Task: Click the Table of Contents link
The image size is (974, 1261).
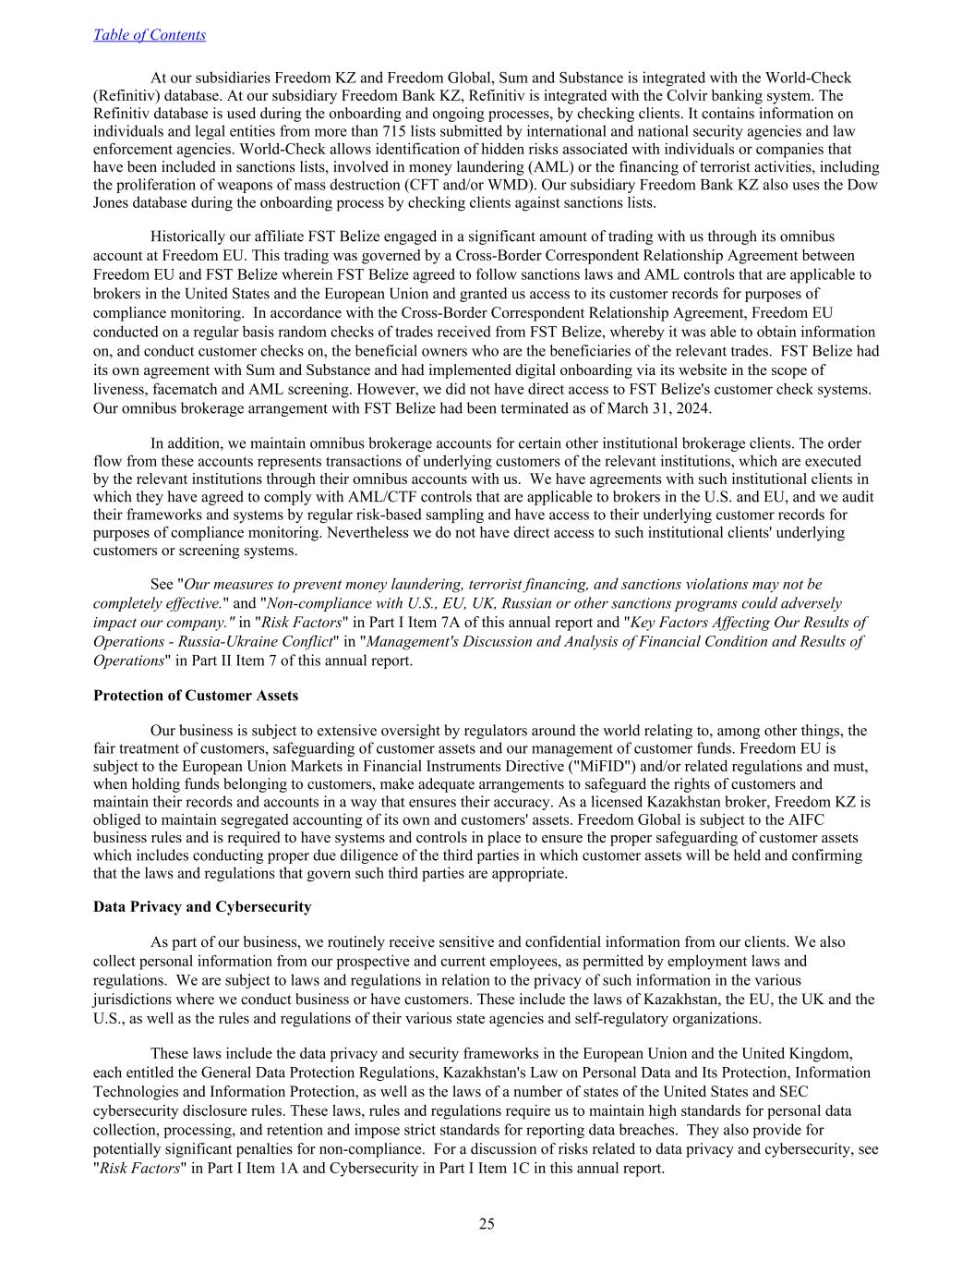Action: click(x=150, y=35)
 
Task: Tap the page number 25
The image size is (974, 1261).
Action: click(x=487, y=1224)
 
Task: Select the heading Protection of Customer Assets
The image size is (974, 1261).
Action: click(x=196, y=695)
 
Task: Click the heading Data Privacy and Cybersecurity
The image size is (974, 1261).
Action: click(x=202, y=906)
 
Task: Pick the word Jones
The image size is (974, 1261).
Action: click(x=112, y=202)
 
